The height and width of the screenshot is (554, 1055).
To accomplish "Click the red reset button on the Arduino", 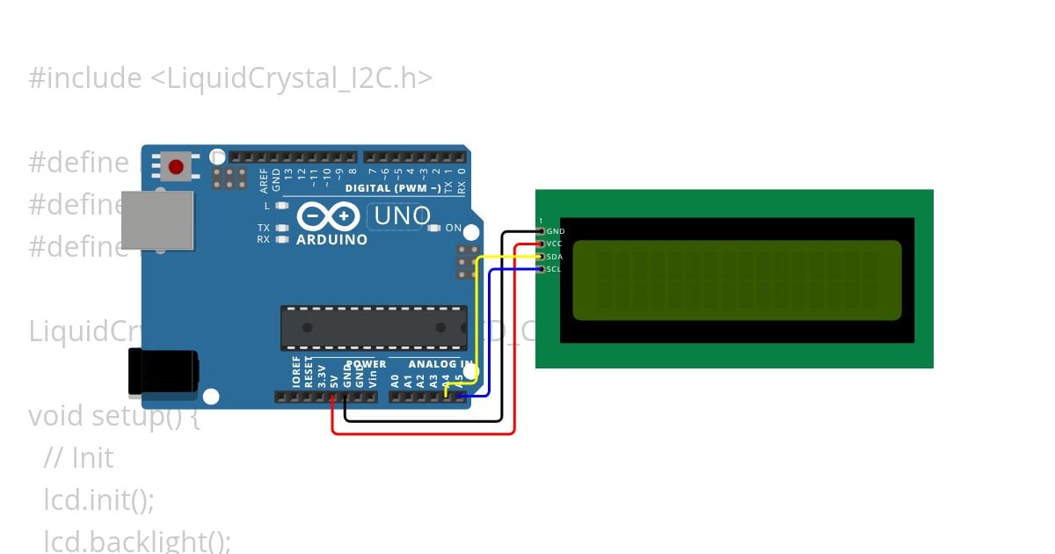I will coord(176,165).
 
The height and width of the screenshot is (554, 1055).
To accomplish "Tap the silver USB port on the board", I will coord(156,220).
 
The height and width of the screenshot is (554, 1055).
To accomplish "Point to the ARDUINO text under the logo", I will coord(331,239).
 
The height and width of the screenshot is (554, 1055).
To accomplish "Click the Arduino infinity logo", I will coord(328,215).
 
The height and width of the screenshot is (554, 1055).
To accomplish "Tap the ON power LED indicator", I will coord(433,229).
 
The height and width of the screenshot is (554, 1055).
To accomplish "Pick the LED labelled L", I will coord(281,206).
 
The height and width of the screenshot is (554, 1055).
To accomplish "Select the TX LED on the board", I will coord(281,228).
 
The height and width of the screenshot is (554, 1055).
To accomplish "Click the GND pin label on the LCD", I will coord(555,231).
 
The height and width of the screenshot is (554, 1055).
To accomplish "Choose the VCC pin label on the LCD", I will coord(555,244).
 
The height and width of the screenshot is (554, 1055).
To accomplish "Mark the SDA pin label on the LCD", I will coord(555,257).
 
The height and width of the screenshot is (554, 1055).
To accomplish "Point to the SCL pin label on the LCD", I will coord(554,269).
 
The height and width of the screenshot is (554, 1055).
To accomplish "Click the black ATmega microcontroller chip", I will coord(374,327).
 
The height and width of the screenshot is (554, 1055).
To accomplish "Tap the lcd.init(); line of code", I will coord(98,500).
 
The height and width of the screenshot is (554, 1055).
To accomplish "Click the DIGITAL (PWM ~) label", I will coord(393,188).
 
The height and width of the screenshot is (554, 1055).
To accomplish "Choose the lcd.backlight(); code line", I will coord(137,541).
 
